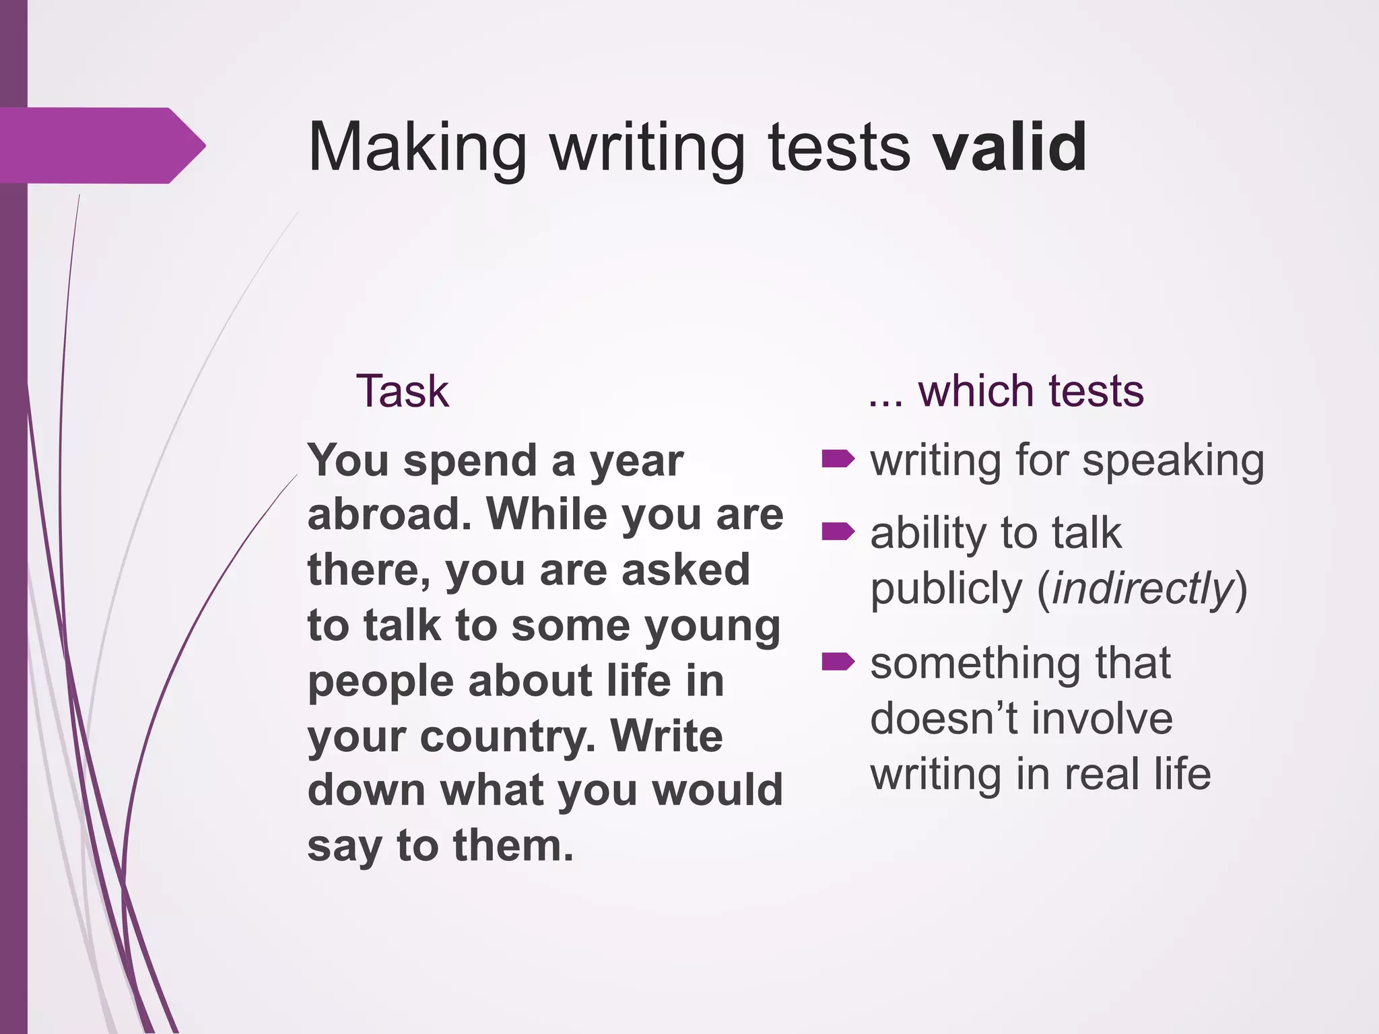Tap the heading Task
point(402,391)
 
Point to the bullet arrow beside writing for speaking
point(838,460)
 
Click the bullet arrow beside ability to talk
point(838,532)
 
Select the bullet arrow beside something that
point(838,662)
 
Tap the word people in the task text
point(380,683)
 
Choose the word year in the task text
point(636,462)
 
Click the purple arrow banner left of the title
point(101,145)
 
